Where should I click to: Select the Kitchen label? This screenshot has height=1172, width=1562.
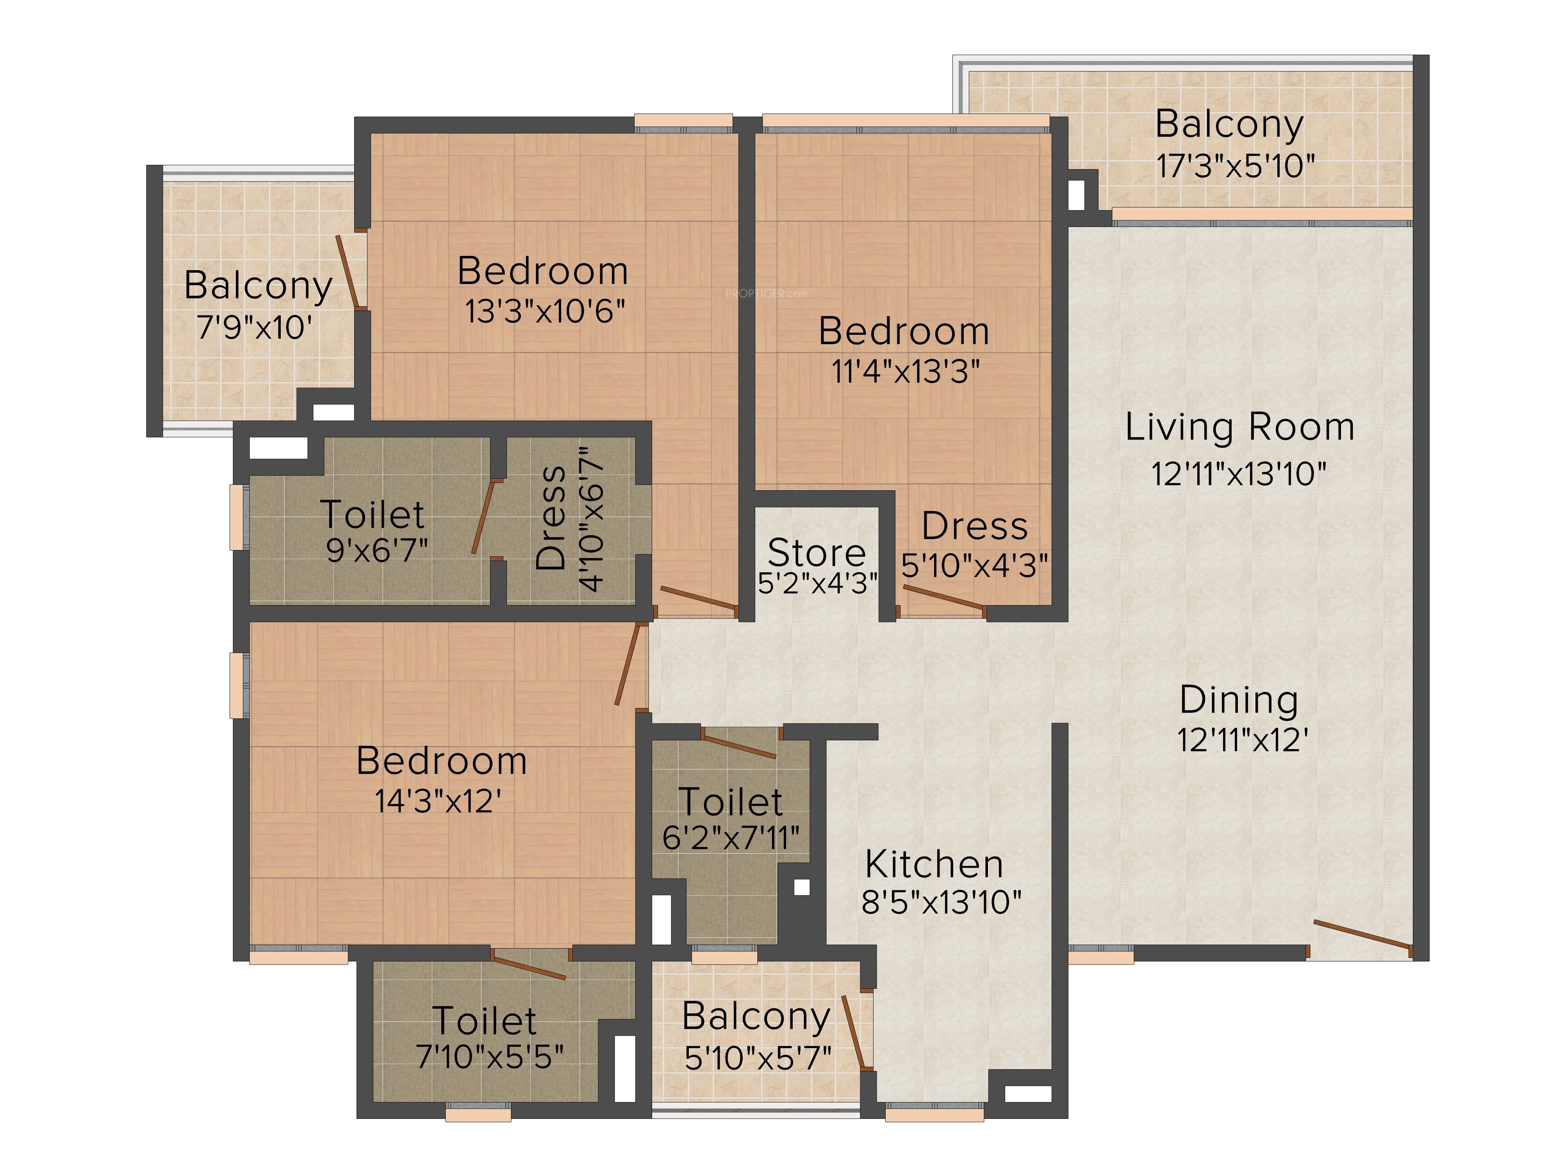[x=934, y=864]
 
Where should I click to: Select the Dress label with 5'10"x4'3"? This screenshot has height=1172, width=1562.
[x=974, y=526]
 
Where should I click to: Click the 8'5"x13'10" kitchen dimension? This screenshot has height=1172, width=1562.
[x=941, y=902]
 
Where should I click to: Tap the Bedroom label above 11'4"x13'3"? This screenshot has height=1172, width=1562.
[x=904, y=331]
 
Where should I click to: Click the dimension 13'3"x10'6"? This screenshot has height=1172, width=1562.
[x=544, y=311]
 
